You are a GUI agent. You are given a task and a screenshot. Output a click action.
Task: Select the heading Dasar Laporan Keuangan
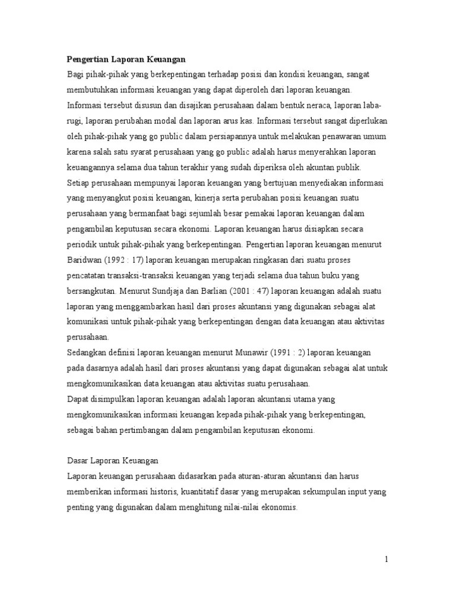pyautogui.click(x=113, y=462)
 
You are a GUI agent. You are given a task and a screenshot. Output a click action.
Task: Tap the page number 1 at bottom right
pyautogui.click(x=386, y=558)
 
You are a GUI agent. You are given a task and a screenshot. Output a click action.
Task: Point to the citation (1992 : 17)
pyautogui.click(x=123, y=260)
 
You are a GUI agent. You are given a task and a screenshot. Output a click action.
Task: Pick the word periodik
pyautogui.click(x=82, y=244)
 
